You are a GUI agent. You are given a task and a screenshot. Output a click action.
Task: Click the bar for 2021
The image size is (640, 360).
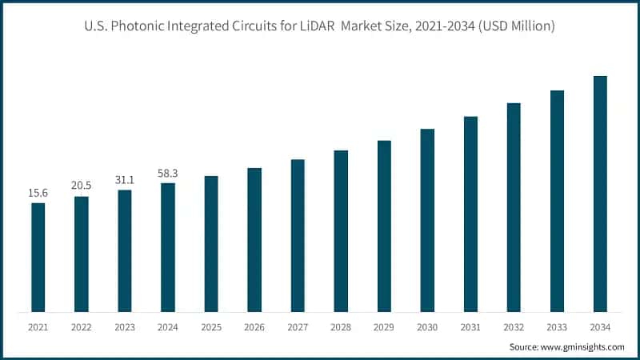click(38, 257)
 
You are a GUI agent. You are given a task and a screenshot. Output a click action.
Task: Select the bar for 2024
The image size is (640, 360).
click(168, 247)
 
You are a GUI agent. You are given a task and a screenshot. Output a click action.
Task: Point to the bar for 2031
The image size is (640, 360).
click(470, 214)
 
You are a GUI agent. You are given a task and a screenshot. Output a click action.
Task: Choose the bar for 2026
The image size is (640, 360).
click(254, 239)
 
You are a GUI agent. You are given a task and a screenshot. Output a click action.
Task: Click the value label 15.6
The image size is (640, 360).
click(38, 193)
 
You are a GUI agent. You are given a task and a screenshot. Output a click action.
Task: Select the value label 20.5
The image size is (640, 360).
click(81, 186)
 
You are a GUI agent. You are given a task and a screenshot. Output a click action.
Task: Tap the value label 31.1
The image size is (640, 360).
click(124, 179)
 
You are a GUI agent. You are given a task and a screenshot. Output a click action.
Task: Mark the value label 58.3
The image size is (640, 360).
click(168, 172)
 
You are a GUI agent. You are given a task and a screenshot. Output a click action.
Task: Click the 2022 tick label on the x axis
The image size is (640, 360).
click(81, 327)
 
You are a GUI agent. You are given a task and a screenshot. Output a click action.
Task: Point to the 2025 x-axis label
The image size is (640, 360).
click(211, 327)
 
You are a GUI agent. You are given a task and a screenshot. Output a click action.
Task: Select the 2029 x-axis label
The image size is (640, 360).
click(384, 327)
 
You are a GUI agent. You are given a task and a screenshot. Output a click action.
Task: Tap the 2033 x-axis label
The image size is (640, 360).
click(557, 327)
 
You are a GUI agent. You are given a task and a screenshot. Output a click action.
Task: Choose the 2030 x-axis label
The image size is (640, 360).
click(427, 327)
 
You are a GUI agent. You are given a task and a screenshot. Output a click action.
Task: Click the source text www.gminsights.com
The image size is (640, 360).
click(583, 347)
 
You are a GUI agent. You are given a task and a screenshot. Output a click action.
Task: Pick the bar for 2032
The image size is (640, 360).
click(514, 207)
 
